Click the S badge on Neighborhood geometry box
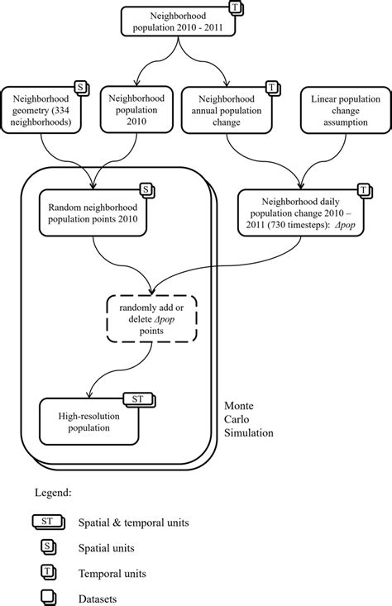[x=81, y=87]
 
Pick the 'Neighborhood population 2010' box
[x=132, y=109]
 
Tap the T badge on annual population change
[x=271, y=87]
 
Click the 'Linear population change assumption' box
[x=339, y=109]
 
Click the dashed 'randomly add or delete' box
[x=151, y=317]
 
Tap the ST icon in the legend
[x=47, y=522]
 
